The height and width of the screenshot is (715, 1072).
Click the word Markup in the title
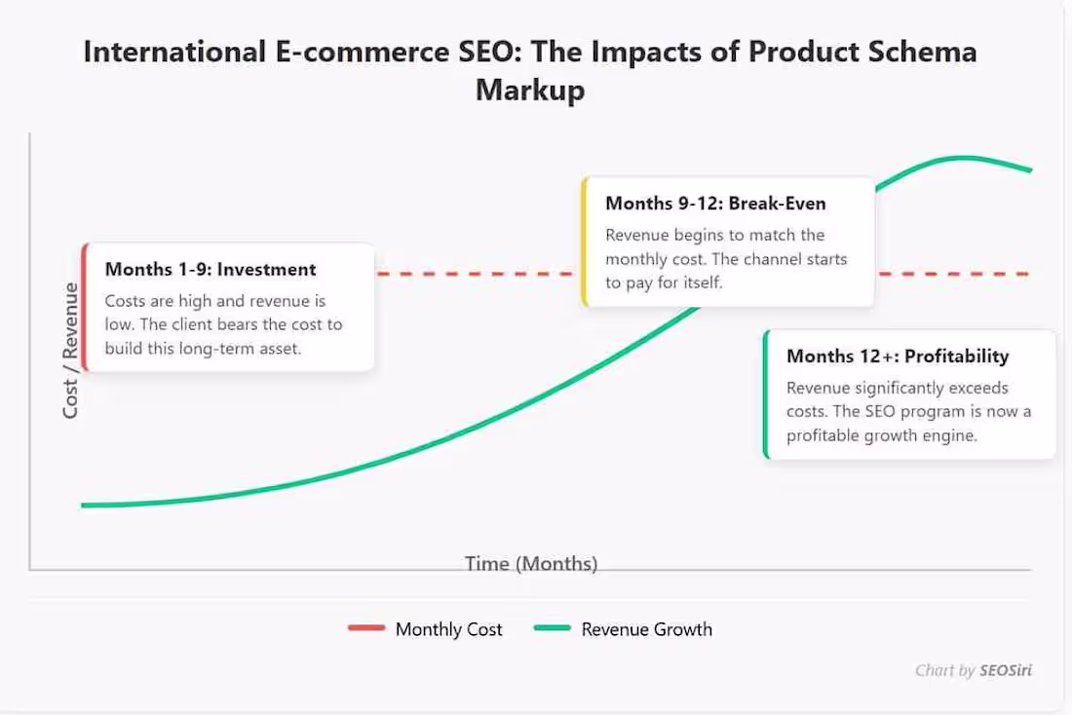click(x=530, y=91)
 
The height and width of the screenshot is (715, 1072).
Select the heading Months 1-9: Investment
click(x=211, y=270)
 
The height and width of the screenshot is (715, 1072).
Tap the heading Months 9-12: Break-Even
click(x=715, y=204)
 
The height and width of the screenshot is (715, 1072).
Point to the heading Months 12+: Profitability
click(x=898, y=357)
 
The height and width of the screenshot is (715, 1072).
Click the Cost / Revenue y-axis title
click(x=70, y=351)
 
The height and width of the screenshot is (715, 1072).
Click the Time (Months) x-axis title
click(x=531, y=563)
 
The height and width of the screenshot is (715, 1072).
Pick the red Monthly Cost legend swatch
click(x=366, y=629)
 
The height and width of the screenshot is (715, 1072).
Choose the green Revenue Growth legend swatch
click(x=553, y=629)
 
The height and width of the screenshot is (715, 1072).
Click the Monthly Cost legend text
click(x=448, y=629)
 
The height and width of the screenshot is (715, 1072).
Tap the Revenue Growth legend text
click(x=646, y=629)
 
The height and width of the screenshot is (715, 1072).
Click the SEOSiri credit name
click(x=1006, y=670)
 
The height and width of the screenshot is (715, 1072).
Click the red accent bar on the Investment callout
click(x=85, y=308)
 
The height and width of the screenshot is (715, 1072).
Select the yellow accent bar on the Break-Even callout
click(x=584, y=243)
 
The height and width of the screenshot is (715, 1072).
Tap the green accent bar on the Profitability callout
click(x=766, y=395)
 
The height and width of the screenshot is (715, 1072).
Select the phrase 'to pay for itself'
click(x=664, y=282)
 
